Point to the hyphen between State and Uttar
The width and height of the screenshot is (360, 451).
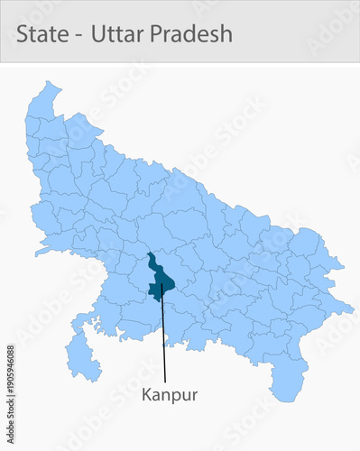(x=78, y=35)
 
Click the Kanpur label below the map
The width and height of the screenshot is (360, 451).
(x=169, y=394)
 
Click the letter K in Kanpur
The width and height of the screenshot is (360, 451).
(x=145, y=394)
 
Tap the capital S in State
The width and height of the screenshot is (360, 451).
(x=22, y=33)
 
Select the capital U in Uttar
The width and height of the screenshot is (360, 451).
(x=97, y=33)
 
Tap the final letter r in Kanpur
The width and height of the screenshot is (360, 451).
(x=194, y=395)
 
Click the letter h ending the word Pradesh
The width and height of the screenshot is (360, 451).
(x=226, y=33)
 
